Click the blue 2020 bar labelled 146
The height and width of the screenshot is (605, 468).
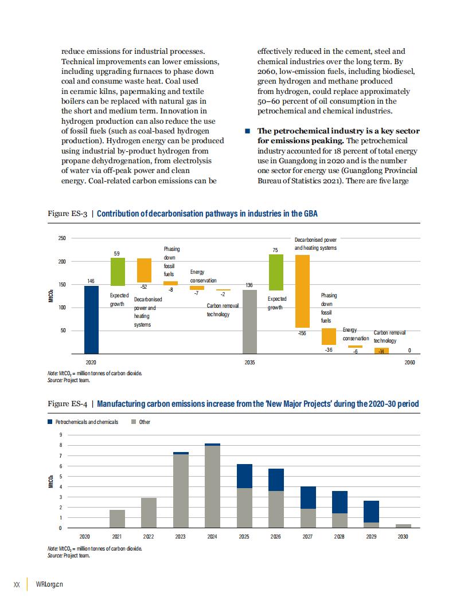[92, 320]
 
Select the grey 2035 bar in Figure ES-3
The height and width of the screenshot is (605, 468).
[249, 322]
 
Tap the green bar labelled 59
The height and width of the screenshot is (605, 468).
[118, 272]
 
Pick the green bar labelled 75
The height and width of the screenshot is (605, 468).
[276, 272]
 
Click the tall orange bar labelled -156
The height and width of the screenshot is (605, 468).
[302, 291]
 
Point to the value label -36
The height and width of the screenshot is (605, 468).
[329, 349]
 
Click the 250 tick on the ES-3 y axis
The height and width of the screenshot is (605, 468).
[62, 238]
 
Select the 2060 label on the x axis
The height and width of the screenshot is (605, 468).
[409, 362]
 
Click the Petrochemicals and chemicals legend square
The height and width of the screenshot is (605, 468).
[50, 422]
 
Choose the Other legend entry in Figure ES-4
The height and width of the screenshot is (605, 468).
[141, 422]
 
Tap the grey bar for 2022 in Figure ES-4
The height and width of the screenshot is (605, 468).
[149, 513]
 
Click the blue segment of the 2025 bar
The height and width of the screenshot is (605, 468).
[244, 476]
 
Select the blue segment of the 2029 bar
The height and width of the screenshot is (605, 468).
[372, 512]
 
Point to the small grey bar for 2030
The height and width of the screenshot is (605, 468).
[404, 526]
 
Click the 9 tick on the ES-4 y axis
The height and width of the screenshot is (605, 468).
[61, 435]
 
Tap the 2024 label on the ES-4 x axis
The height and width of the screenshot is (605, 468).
[212, 536]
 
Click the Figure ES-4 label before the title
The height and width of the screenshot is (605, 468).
[67, 403]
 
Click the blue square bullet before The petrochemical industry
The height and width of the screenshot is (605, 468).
[248, 131]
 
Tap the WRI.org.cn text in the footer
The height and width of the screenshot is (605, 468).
[49, 584]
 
